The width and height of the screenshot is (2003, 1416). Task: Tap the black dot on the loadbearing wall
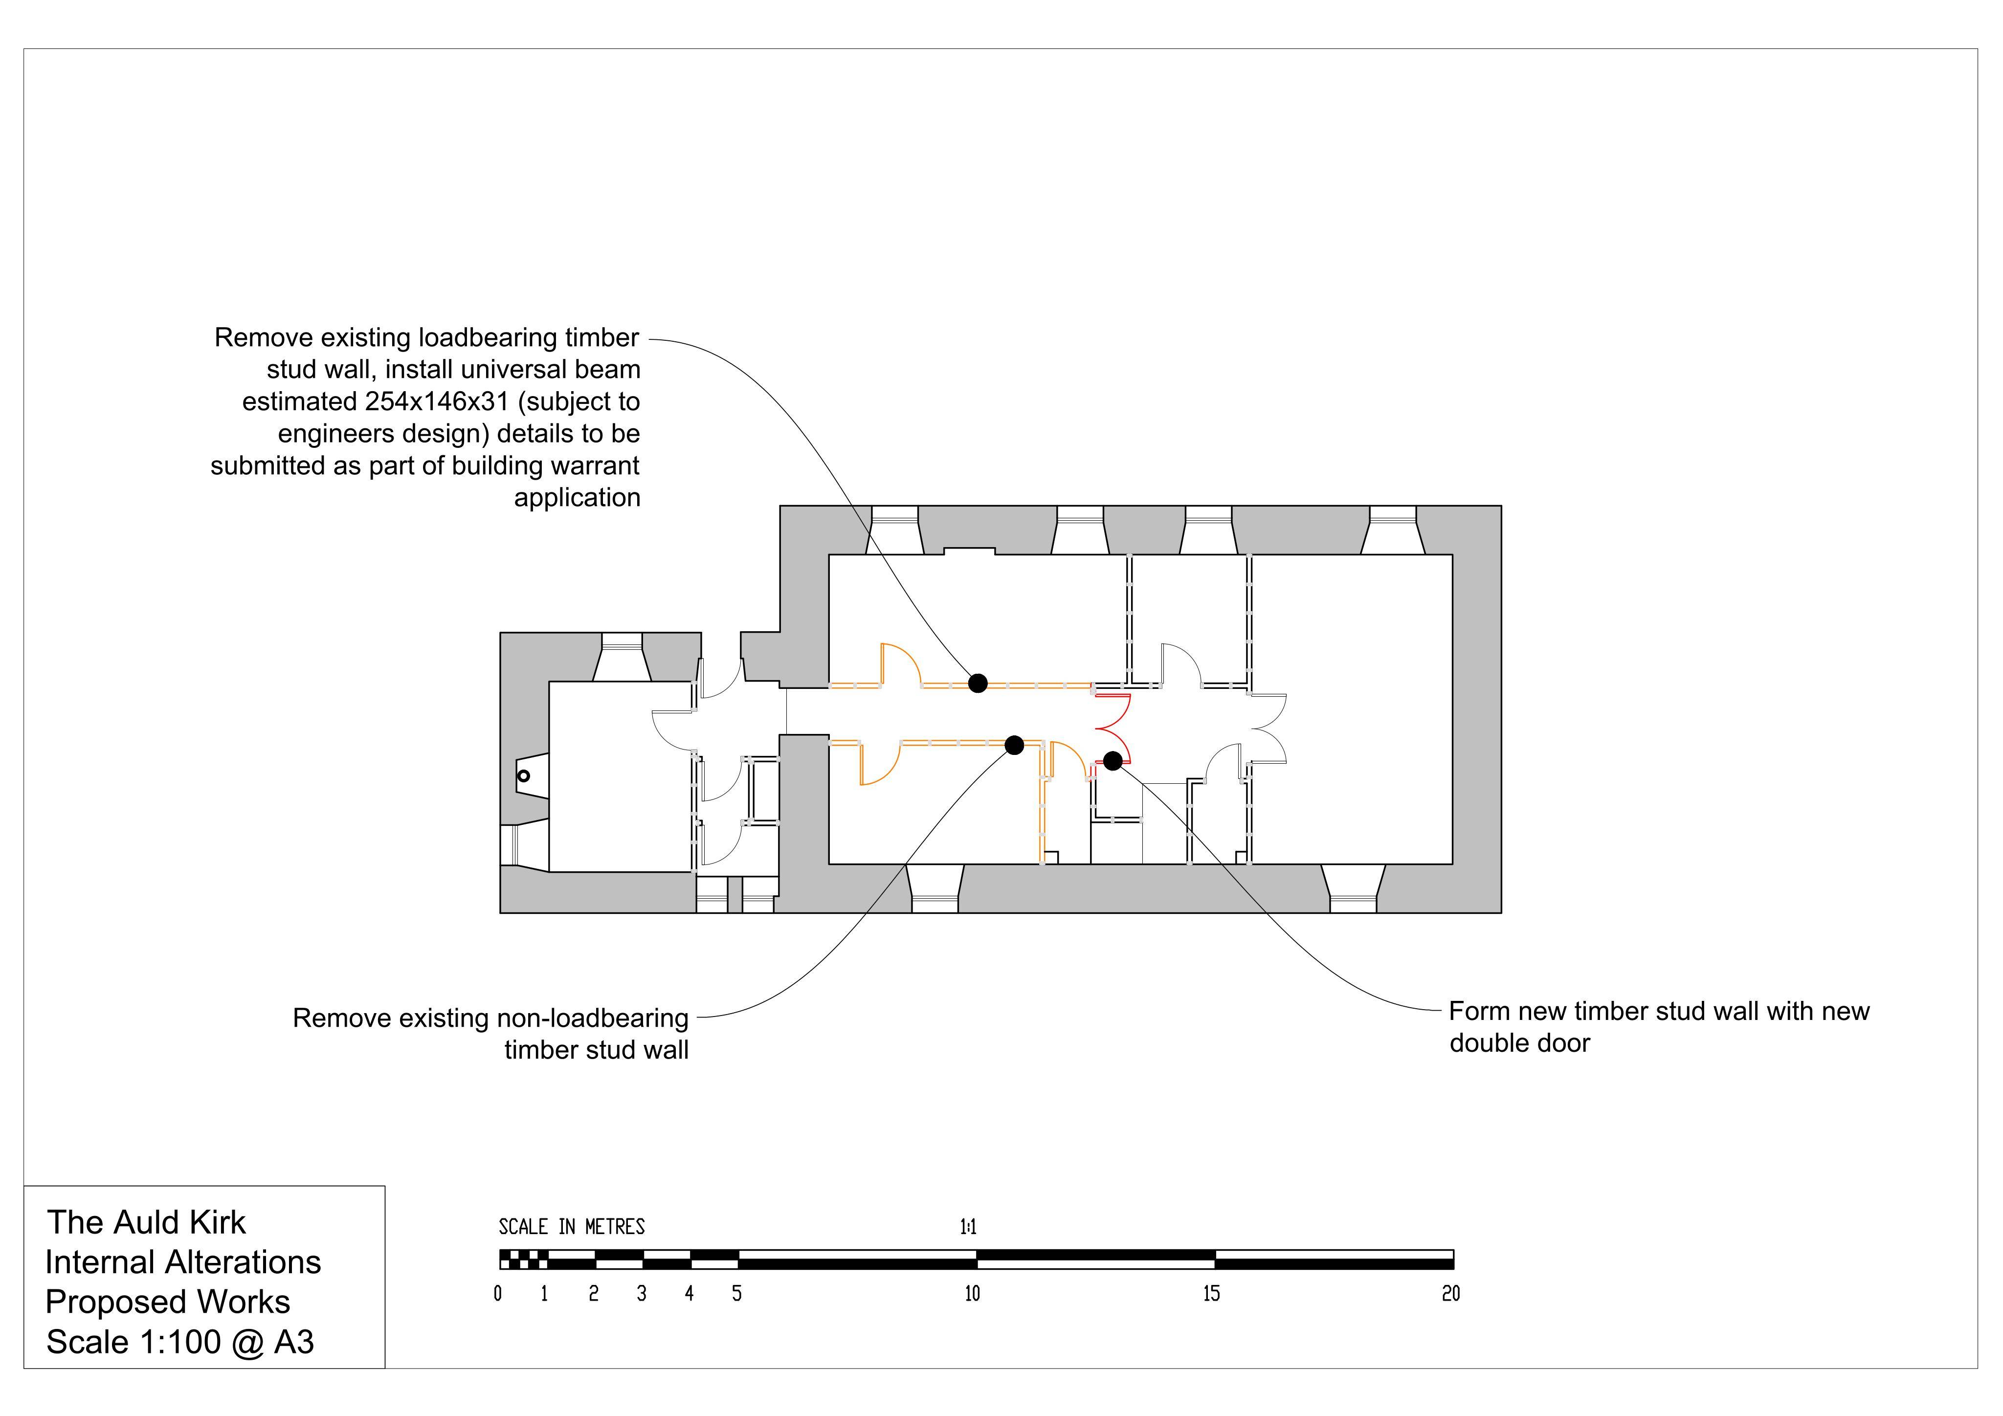tap(978, 683)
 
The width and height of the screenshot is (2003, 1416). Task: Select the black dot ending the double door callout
tap(1113, 761)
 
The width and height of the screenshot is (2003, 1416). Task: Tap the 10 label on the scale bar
tap(973, 1294)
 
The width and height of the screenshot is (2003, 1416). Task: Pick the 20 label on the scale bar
tap(1451, 1294)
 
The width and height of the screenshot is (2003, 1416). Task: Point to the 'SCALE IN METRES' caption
tap(572, 1228)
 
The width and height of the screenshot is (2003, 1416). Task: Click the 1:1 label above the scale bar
tap(968, 1228)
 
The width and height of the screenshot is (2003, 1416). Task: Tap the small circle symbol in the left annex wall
tap(523, 775)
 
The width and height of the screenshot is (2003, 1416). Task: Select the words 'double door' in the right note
tap(1520, 1043)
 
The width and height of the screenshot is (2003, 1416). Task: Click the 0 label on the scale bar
tap(498, 1294)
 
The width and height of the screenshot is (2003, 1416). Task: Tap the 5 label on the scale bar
tap(737, 1294)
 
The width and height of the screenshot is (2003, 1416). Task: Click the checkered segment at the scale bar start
tap(523, 1259)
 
